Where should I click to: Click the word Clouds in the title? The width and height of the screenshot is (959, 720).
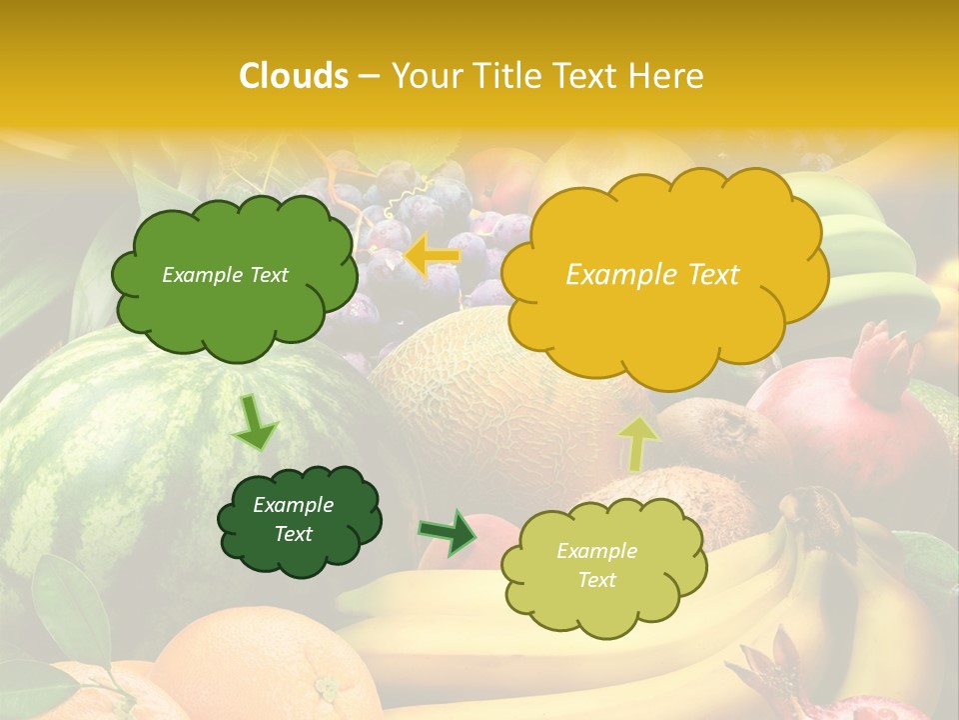293,76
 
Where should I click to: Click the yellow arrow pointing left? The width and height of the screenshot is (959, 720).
432,256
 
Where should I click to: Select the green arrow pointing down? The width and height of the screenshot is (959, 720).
255,422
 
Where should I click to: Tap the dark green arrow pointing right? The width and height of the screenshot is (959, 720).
449,532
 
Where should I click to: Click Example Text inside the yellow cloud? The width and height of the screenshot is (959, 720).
652,275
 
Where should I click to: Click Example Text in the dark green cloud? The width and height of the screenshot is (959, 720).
293,519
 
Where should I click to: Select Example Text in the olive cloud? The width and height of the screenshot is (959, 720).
596,565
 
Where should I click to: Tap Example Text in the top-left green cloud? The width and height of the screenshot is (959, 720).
225,275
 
